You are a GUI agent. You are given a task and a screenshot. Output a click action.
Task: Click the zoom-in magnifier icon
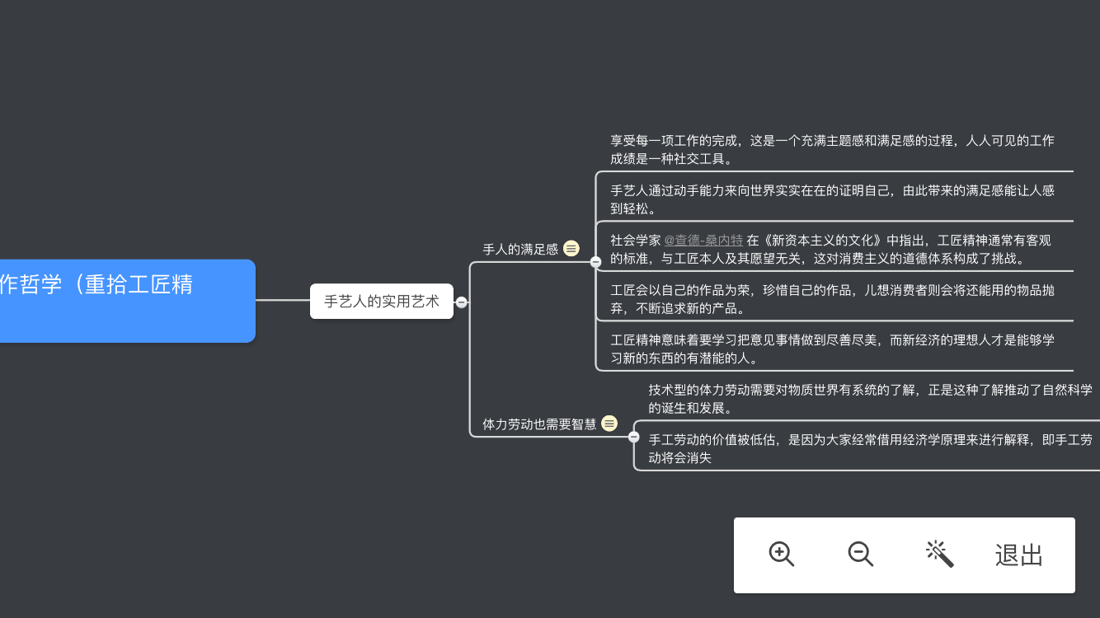click(x=781, y=554)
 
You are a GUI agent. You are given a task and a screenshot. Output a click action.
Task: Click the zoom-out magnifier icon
click(x=860, y=554)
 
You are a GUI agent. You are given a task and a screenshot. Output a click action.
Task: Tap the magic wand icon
click(x=939, y=554)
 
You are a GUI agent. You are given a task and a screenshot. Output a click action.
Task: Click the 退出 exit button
click(x=1019, y=555)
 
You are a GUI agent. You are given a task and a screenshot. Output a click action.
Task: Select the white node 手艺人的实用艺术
click(x=382, y=302)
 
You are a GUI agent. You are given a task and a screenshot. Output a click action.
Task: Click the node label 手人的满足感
click(x=520, y=249)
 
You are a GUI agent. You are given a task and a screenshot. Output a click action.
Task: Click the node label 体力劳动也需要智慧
click(x=539, y=424)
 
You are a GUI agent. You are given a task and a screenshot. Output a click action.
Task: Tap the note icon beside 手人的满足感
click(x=571, y=248)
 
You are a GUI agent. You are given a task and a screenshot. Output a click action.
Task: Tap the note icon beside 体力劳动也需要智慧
click(x=609, y=424)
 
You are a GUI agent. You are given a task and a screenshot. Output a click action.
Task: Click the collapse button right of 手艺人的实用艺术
click(x=462, y=302)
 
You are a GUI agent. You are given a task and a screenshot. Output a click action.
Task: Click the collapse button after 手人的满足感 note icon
click(x=595, y=262)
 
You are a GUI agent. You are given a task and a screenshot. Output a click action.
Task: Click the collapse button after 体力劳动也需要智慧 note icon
click(x=634, y=437)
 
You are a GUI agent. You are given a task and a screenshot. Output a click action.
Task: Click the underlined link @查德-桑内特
click(x=703, y=241)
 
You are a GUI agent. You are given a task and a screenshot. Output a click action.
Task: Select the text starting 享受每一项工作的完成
click(x=832, y=149)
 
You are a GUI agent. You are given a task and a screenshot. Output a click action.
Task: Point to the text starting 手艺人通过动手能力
click(x=832, y=199)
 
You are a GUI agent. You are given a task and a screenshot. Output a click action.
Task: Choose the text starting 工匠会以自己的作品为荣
click(x=832, y=299)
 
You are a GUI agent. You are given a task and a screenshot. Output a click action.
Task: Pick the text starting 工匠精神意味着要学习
click(x=832, y=349)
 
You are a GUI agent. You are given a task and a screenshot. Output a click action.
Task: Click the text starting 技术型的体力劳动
click(x=870, y=398)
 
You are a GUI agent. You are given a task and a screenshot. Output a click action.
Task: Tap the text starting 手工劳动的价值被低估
click(x=870, y=448)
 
